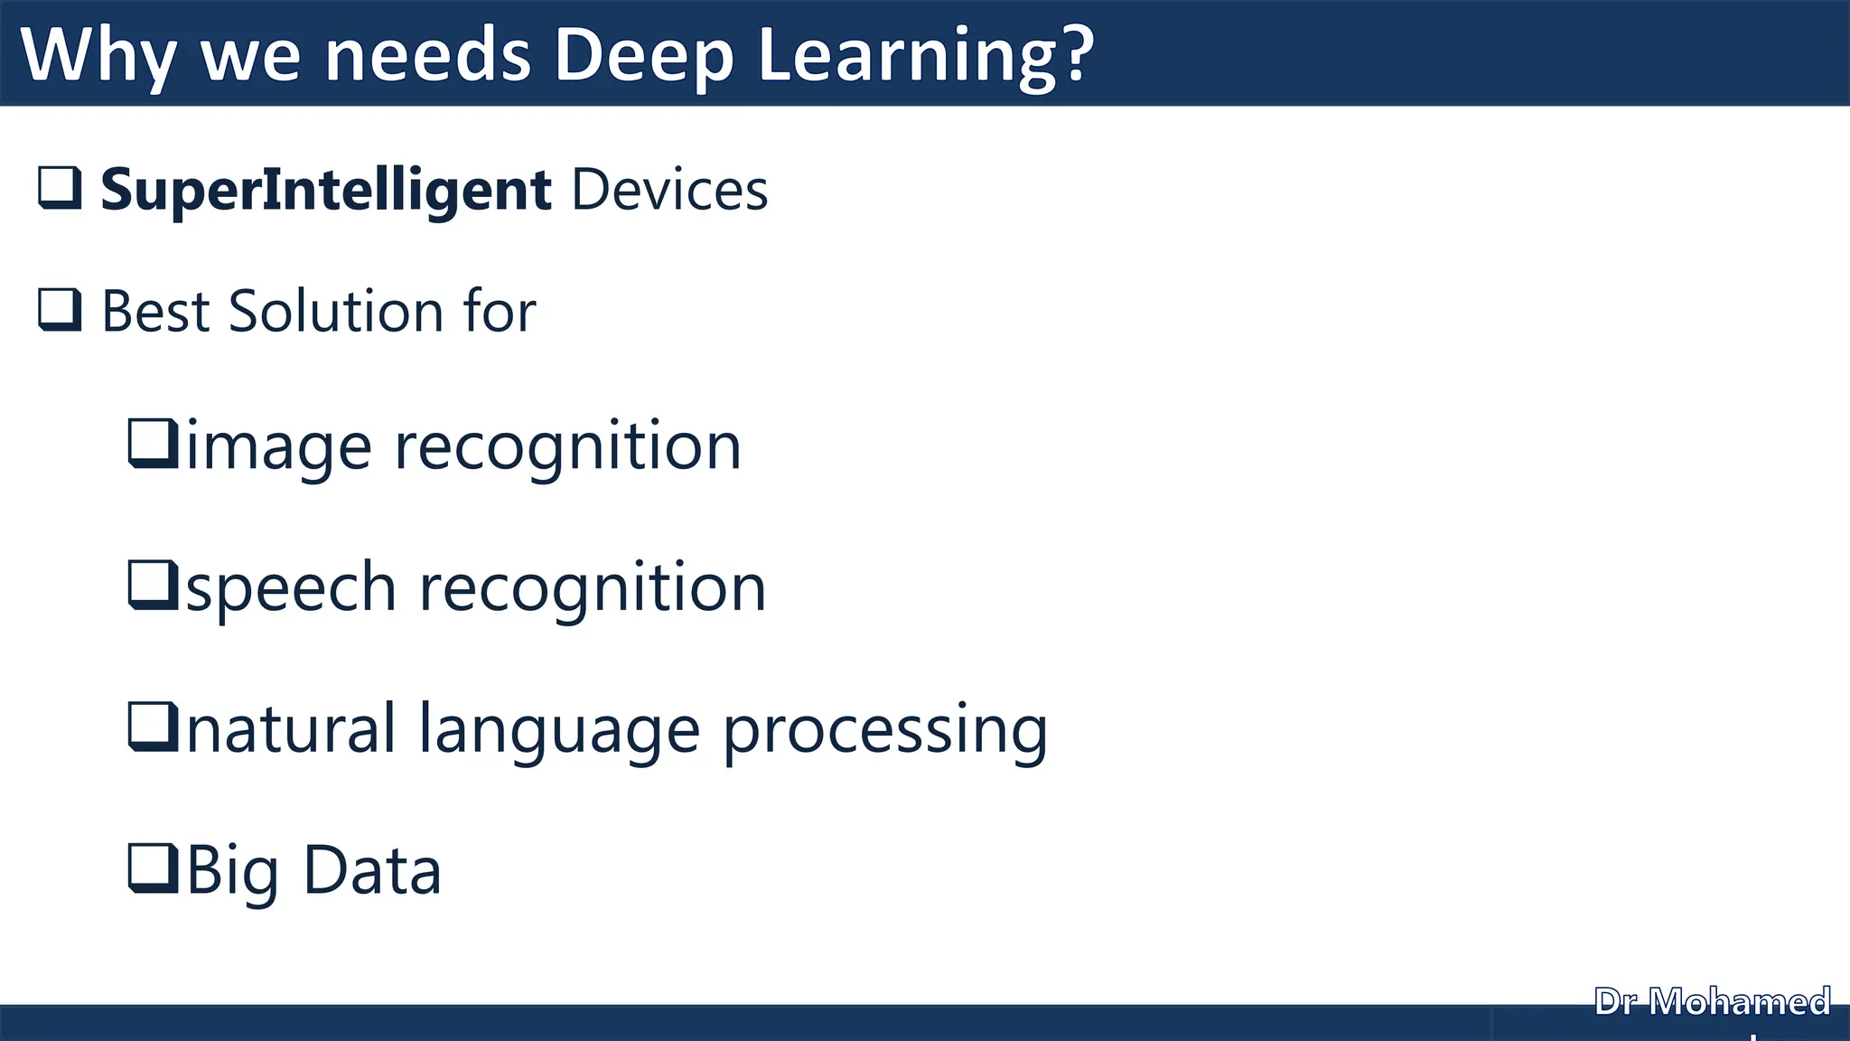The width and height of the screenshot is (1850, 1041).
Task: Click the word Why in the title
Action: tap(98, 56)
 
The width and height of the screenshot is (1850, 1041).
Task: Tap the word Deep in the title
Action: tap(643, 56)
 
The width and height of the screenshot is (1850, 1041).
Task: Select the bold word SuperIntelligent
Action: tap(325, 191)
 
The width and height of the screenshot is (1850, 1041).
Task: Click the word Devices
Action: tap(669, 191)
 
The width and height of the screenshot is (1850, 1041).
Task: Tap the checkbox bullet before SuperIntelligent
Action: tap(60, 188)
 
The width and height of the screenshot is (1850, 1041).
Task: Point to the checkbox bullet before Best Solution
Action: tap(60, 310)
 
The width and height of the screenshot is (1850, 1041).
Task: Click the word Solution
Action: tap(336, 312)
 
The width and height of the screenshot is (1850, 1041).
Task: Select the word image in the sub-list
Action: tap(278, 447)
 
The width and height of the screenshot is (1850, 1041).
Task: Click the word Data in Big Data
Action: tap(371, 871)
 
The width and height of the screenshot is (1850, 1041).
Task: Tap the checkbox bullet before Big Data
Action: tap(152, 867)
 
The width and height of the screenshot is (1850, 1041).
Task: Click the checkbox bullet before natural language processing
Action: tap(152, 727)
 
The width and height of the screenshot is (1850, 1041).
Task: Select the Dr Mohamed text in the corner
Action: tap(1712, 1002)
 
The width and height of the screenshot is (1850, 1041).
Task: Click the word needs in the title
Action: tap(427, 56)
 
